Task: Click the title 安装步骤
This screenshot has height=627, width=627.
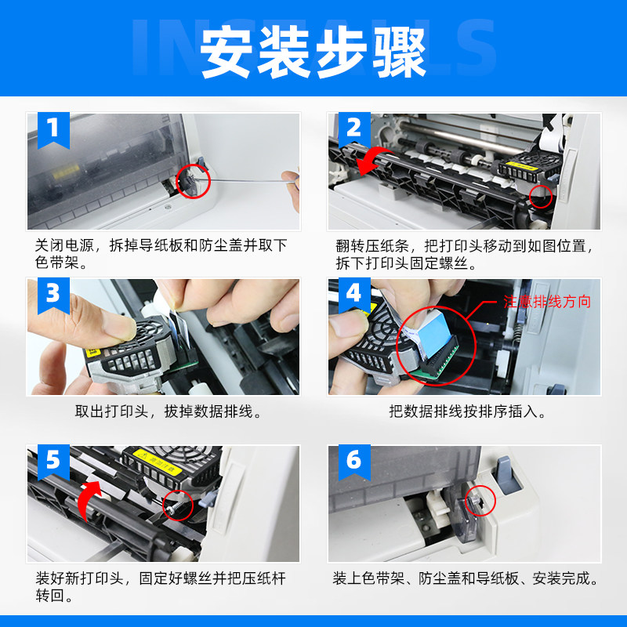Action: pos(313,52)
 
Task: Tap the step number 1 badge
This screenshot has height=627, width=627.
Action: pos(53,130)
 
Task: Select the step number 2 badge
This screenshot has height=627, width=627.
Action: pos(354,130)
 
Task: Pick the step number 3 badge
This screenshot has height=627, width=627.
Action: pos(53,296)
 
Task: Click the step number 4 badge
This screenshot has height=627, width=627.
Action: pos(354,296)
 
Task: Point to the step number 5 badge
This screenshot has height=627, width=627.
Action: pos(53,462)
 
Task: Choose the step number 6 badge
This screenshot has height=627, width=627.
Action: pos(354,462)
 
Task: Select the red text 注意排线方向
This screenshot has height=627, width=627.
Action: pos(546,302)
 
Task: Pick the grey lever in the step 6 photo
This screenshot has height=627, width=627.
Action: pos(507,475)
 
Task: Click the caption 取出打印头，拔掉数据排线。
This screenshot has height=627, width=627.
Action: pos(169,411)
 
